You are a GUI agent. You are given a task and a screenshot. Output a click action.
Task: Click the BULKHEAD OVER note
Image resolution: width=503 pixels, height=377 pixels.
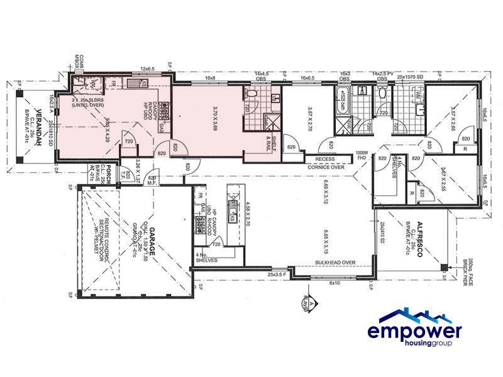[337, 262]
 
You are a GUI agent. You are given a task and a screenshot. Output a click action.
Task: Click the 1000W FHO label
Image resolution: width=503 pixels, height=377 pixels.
[361, 156]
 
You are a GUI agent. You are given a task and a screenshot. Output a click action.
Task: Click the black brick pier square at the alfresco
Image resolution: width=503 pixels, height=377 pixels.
[444, 268]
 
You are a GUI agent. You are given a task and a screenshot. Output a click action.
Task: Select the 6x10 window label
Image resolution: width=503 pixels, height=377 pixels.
[334, 282]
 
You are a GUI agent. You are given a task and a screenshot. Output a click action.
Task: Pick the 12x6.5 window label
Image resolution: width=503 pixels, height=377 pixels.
[146, 69]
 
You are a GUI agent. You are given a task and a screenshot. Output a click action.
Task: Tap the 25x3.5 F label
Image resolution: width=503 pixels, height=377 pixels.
[276, 275]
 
